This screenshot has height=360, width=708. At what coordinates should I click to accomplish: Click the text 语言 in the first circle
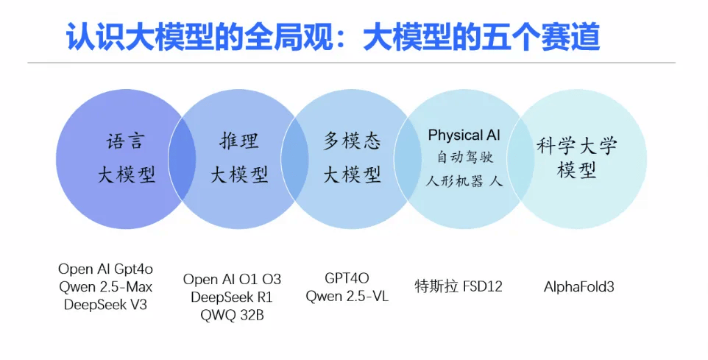(125, 141)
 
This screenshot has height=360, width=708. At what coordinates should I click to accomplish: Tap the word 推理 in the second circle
(239, 141)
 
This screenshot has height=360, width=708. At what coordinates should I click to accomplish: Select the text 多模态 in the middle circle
(352, 141)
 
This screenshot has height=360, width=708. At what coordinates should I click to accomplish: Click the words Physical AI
(464, 135)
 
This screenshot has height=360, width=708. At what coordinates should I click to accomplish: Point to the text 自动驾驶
(464, 158)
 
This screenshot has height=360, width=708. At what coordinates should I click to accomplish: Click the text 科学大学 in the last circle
(576, 146)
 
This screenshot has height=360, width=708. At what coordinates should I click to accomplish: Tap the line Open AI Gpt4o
(106, 269)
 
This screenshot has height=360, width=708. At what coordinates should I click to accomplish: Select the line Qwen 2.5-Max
(106, 287)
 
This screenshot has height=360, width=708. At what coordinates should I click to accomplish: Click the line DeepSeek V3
(106, 305)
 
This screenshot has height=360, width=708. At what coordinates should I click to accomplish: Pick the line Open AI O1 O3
(232, 280)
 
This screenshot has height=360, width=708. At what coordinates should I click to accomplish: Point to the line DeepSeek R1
(232, 297)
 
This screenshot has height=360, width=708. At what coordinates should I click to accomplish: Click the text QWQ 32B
(232, 315)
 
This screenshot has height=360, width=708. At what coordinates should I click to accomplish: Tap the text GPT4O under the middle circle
(347, 278)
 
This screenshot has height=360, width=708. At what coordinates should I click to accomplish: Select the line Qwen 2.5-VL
(347, 296)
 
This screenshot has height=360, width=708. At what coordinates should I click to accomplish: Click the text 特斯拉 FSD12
(459, 286)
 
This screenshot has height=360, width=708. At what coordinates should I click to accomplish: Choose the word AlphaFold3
(579, 287)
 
